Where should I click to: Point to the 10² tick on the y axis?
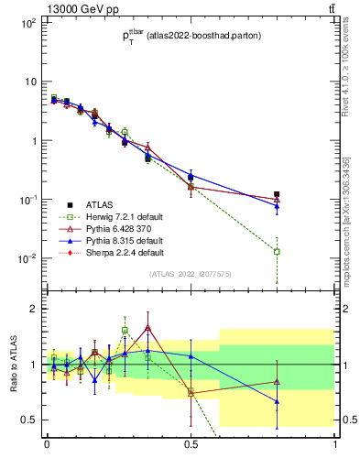click(27, 23)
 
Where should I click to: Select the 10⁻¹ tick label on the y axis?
click(27, 200)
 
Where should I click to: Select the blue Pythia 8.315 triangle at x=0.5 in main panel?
click(191, 176)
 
